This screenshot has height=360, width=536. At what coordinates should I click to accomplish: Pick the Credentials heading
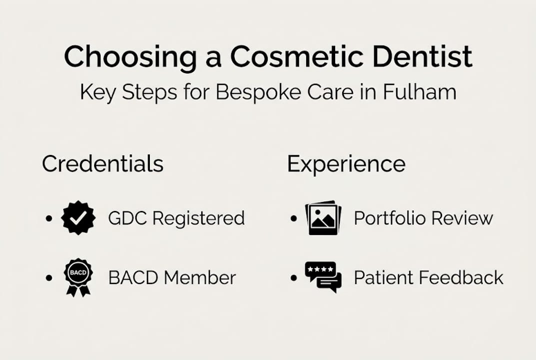tap(102, 164)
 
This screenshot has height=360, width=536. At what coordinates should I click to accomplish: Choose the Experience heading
tap(346, 164)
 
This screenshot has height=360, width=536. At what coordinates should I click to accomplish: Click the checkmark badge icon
tap(78, 218)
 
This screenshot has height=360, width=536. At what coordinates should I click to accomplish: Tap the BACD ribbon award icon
tap(78, 277)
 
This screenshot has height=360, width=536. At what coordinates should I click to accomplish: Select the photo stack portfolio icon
tap(323, 218)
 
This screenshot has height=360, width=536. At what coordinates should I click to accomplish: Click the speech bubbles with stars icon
tap(323, 277)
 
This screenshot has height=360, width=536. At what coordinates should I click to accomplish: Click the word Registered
tap(198, 218)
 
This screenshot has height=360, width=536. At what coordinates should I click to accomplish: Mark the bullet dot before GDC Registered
tap(48, 219)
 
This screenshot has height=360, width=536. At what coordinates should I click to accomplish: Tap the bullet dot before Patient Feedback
tap(293, 278)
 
